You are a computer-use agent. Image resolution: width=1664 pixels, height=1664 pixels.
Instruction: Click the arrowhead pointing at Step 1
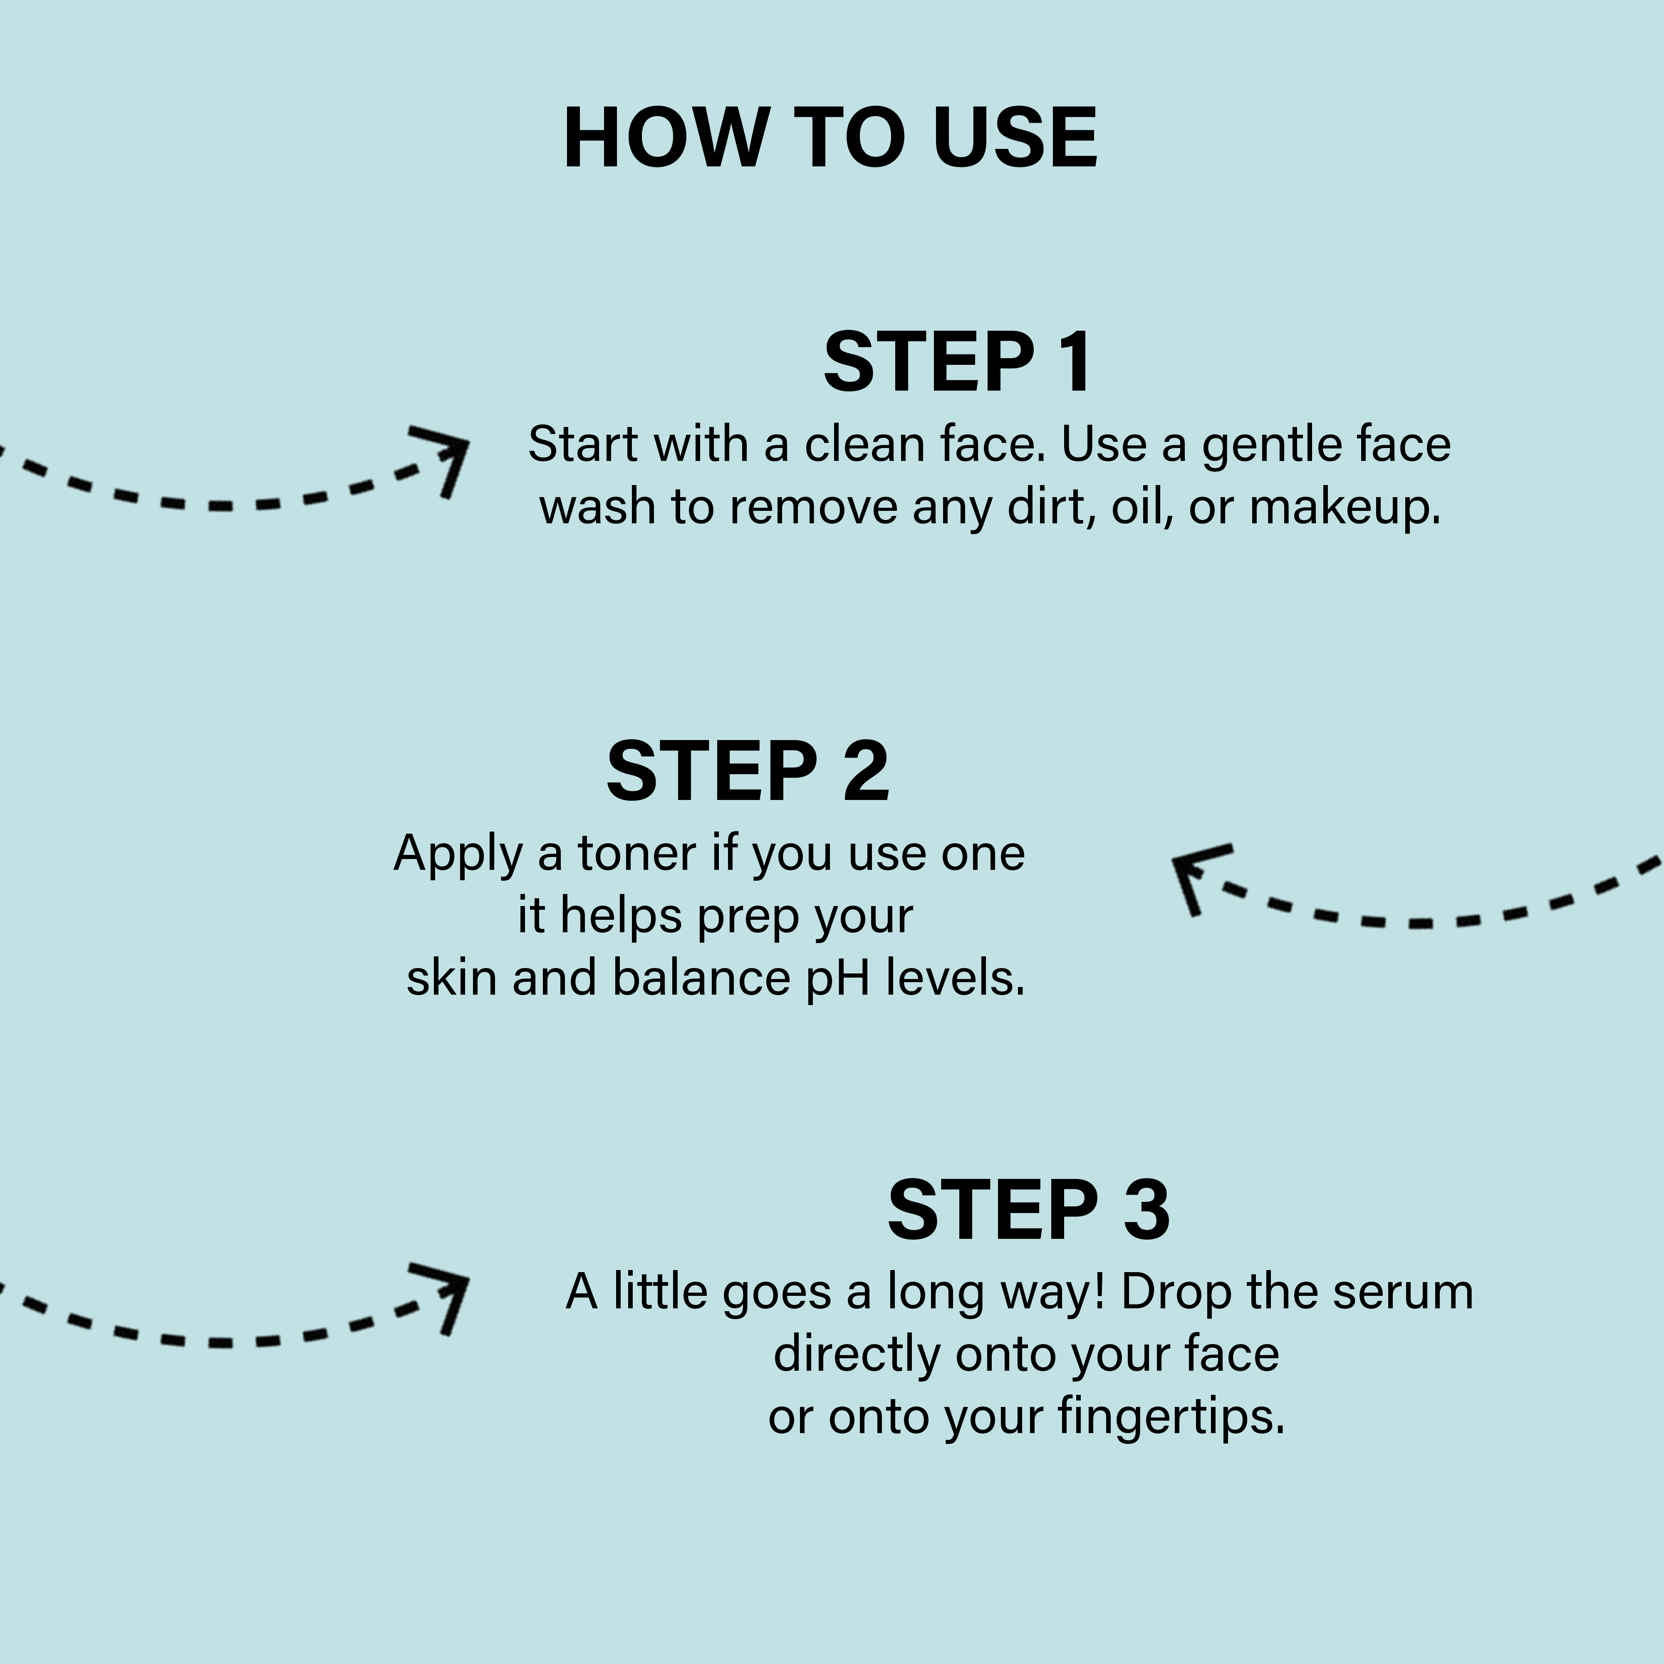(x=443, y=456)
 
